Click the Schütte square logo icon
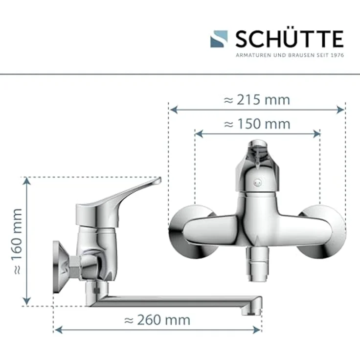click(219, 39)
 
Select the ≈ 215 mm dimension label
click(257, 100)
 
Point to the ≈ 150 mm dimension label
click(257, 124)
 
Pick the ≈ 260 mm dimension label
click(157, 320)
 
